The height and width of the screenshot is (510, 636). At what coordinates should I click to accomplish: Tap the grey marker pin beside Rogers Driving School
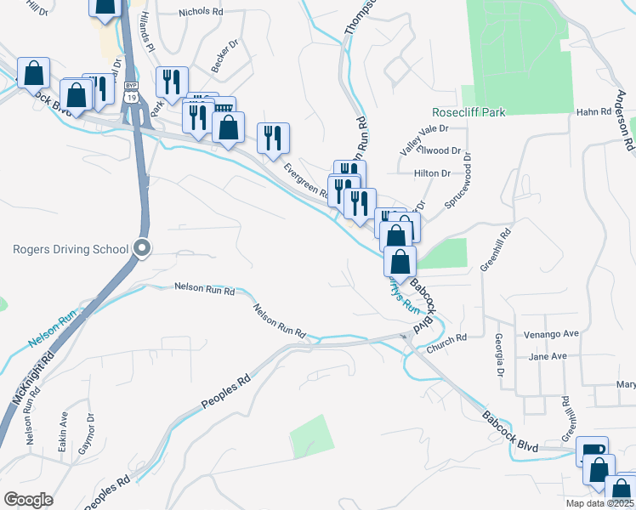click(143, 249)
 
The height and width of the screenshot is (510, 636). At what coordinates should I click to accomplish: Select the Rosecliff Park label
click(470, 112)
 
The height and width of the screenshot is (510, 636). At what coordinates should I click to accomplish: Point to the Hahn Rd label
click(593, 111)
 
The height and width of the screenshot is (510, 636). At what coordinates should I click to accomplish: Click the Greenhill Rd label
click(496, 249)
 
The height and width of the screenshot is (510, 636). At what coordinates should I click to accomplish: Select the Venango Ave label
click(550, 334)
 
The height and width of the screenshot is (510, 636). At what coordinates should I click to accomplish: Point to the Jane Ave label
click(547, 356)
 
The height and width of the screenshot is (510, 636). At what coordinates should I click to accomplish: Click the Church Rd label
click(448, 337)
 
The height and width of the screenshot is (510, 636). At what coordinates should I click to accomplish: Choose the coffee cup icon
click(592, 450)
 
